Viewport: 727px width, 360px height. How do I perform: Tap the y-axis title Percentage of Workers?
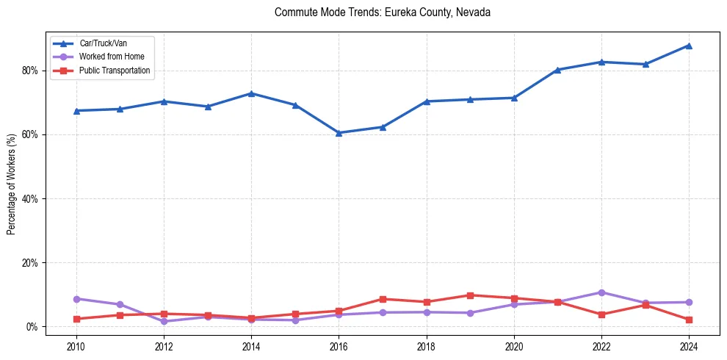(x=11, y=184)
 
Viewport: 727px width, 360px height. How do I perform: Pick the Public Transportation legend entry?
(x=115, y=71)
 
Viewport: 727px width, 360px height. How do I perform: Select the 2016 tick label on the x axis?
(x=339, y=345)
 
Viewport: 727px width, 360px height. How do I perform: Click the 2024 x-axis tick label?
(x=689, y=345)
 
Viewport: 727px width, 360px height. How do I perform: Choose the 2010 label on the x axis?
(x=76, y=345)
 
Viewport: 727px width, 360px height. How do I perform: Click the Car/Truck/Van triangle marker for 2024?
(x=689, y=46)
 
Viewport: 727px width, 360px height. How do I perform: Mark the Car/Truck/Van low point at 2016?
(x=339, y=133)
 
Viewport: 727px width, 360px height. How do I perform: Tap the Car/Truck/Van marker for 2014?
(x=251, y=93)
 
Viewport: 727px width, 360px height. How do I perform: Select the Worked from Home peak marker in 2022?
(x=601, y=292)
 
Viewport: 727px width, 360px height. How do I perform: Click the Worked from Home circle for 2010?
(x=76, y=299)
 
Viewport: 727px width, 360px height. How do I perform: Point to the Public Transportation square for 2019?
(x=470, y=295)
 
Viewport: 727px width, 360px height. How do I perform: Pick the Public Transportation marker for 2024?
(x=689, y=320)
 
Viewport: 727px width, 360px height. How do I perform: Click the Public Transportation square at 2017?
(x=383, y=299)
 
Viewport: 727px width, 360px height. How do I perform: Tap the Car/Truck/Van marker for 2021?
(x=557, y=70)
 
